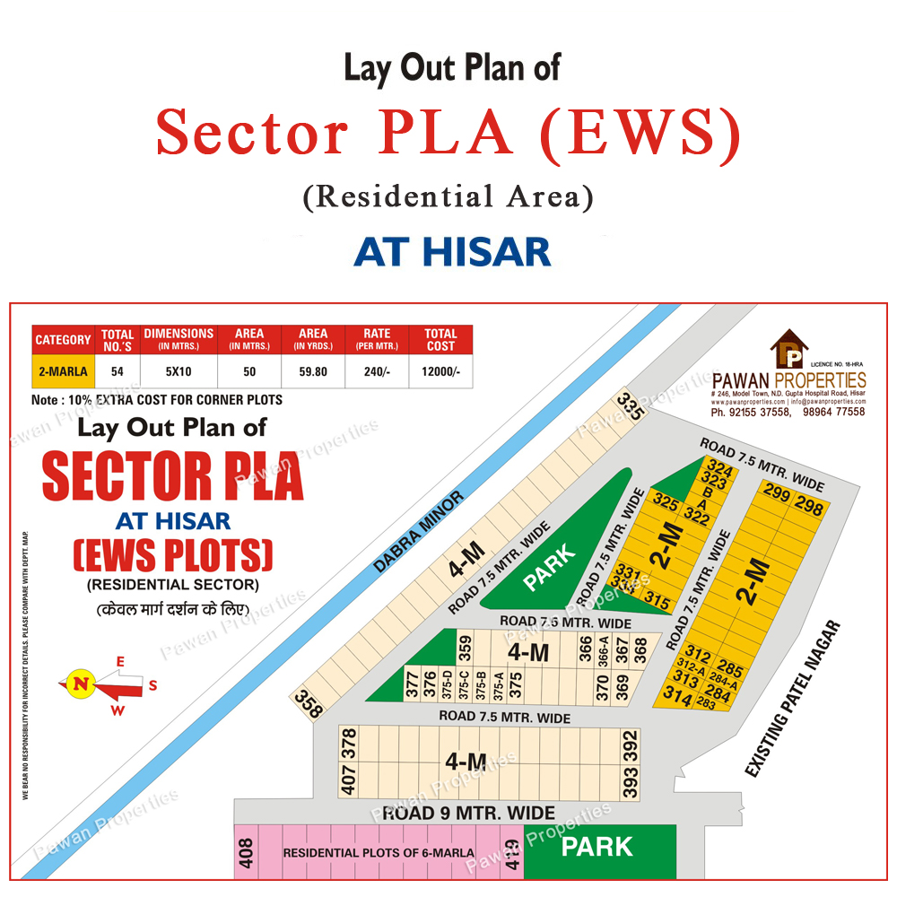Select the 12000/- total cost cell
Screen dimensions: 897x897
coord(440,371)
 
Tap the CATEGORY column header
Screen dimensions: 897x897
coord(63,340)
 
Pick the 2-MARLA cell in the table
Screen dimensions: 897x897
coord(63,371)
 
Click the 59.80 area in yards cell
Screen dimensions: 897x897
coord(313,371)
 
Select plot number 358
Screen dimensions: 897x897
coord(309,704)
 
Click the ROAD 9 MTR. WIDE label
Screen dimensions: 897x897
coord(469,814)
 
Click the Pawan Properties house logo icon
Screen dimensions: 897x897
coord(789,349)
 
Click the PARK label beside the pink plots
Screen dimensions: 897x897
coord(597,847)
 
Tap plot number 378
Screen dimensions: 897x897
coord(350,743)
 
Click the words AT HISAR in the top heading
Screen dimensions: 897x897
coord(452,252)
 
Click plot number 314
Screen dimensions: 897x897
coord(677,697)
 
